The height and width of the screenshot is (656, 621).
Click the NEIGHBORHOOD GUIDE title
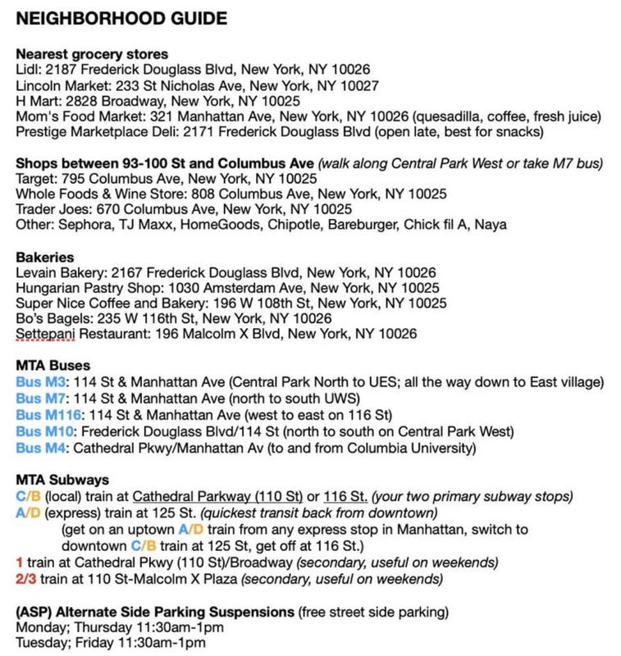122,18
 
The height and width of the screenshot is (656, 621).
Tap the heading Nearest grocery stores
92,54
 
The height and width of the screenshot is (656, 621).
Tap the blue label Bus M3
41,382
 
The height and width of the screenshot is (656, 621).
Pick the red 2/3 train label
25,578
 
